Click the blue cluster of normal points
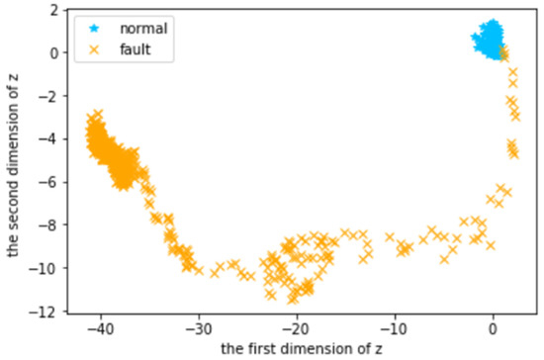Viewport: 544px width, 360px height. click(488, 40)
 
